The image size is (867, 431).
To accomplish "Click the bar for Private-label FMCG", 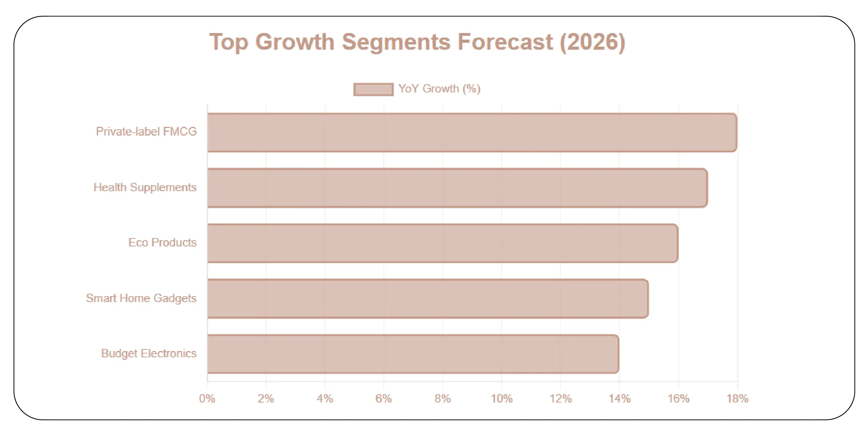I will [472, 132].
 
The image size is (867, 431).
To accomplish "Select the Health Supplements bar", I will [457, 188].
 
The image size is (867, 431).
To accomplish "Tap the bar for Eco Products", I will [442, 243].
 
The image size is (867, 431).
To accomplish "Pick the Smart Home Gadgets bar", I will [427, 299].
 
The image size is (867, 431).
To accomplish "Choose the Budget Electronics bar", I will [413, 354].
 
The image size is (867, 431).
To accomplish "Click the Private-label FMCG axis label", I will [146, 131].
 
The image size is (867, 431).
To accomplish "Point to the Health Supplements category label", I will [145, 187].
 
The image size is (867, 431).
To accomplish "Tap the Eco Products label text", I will [162, 242].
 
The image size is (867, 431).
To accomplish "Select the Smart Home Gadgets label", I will [141, 298].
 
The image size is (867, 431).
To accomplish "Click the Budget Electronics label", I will [149, 353].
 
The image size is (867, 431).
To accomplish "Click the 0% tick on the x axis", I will [207, 398].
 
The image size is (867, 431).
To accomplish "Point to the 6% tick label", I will [383, 398].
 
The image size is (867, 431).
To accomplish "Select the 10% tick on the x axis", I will [501, 398].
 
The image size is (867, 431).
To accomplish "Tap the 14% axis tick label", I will [619, 398].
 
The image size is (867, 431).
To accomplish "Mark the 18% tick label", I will [737, 398].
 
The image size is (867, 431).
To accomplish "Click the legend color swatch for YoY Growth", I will [373, 89].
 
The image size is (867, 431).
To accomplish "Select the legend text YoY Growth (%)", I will [439, 89].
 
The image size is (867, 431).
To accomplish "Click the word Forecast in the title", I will [505, 42].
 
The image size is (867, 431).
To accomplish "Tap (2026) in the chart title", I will [592, 42].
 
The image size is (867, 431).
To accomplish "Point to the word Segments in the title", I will [396, 42].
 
